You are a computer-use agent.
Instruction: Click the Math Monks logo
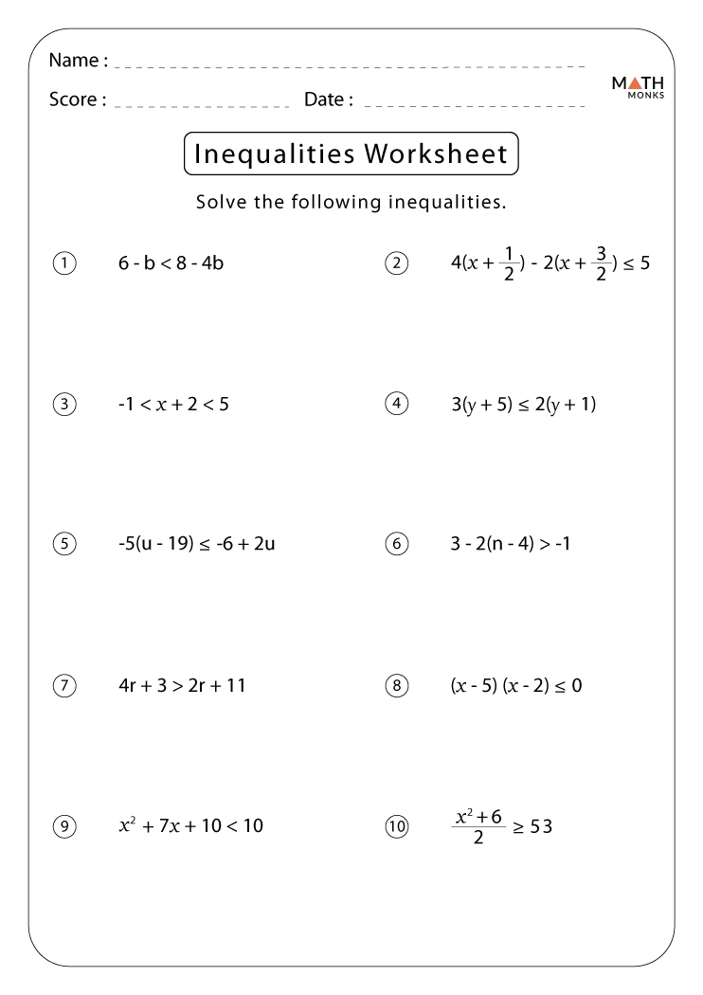pos(638,87)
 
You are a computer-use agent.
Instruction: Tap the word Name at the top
pos(74,61)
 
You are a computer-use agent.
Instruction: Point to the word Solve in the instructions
pos(220,202)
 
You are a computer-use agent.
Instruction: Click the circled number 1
pos(63,263)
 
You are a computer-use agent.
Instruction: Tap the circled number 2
pos(396,263)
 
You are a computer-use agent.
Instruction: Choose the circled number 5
pos(63,544)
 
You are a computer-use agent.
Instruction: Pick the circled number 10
pos(396,827)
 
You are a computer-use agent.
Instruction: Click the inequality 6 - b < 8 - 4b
pos(171,263)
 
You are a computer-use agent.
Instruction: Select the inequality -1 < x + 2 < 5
pos(173,405)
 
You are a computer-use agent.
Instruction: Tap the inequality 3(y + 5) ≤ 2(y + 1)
pos(523,405)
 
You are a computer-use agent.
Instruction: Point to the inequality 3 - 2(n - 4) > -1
pos(511,544)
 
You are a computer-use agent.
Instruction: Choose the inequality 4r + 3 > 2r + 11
pos(182,685)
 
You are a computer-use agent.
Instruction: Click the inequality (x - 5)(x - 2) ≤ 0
pos(515,685)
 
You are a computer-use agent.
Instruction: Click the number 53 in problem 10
pos(540,827)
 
